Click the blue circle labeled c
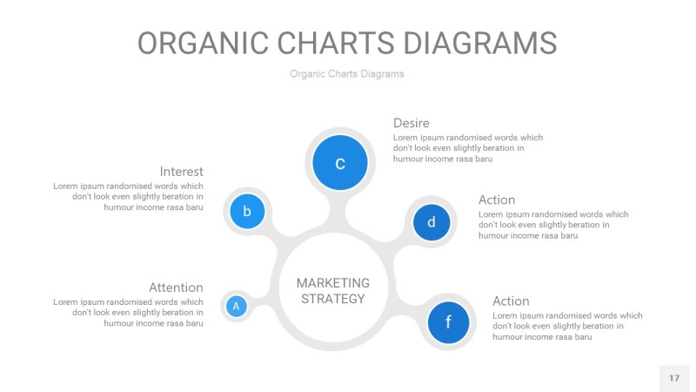[x=340, y=162]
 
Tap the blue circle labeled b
[x=247, y=210]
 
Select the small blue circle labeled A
[x=236, y=306]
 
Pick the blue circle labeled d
[x=431, y=222]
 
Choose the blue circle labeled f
[x=448, y=322]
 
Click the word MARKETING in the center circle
[x=332, y=283]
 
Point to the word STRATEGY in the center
[x=332, y=299]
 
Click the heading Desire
[x=411, y=123]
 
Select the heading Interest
[x=181, y=172]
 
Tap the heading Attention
[x=176, y=287]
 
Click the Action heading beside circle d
[x=496, y=199]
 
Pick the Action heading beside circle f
[x=510, y=301]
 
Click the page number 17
[x=673, y=378]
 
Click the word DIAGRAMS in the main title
[x=468, y=44]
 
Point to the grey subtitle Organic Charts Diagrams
[x=347, y=74]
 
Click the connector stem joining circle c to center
[x=336, y=213]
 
